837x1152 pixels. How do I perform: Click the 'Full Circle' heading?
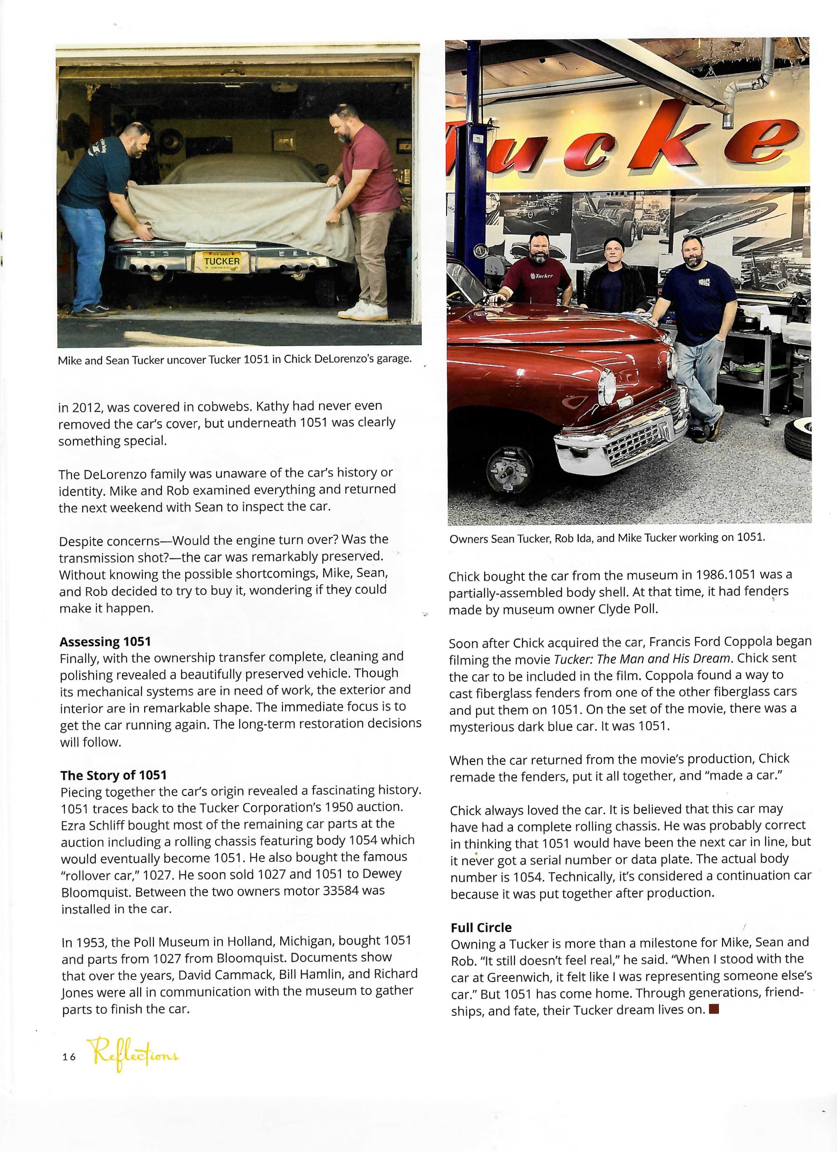(x=481, y=927)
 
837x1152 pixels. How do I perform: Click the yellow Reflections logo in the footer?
(x=134, y=1056)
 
